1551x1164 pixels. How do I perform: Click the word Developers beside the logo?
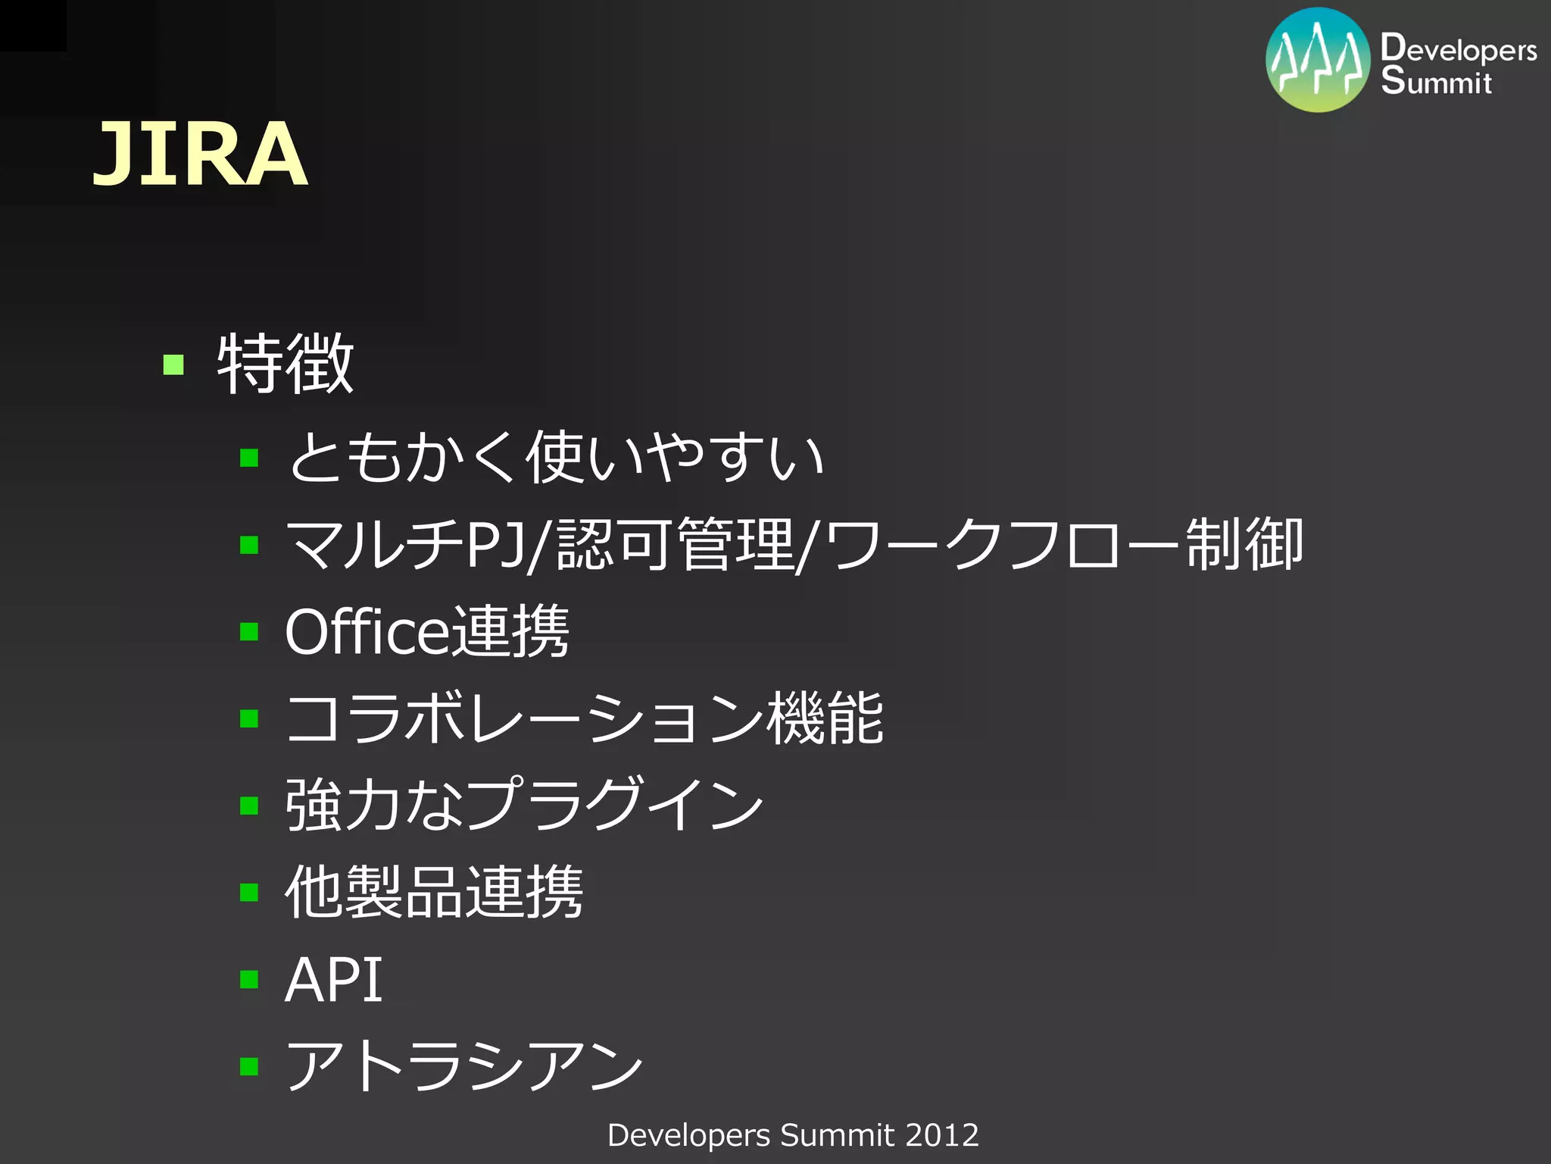pyautogui.click(x=1458, y=48)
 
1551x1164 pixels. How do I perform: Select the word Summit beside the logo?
pyautogui.click(x=1436, y=80)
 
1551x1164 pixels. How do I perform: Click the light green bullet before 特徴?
pyautogui.click(x=173, y=365)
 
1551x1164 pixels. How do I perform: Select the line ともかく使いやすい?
pyautogui.click(x=557, y=457)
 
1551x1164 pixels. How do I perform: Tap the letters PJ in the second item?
pyautogui.click(x=496, y=544)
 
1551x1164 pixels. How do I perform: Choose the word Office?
pyautogui.click(x=367, y=631)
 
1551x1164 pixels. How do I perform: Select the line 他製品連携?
pyautogui.click(x=434, y=892)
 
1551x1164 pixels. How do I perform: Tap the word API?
pyautogui.click(x=334, y=980)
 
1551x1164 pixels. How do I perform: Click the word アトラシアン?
pyautogui.click(x=464, y=1066)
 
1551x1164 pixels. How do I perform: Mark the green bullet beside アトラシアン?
pyautogui.click(x=249, y=1067)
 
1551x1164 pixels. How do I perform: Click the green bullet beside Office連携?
pyautogui.click(x=249, y=631)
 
